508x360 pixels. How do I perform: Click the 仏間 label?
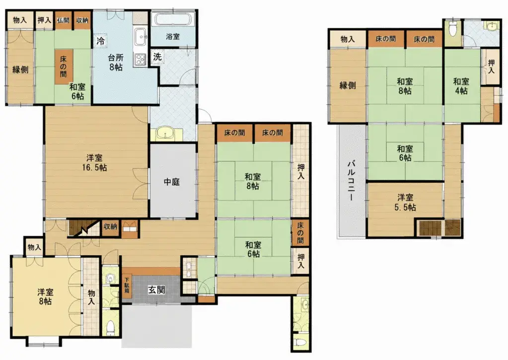click(x=63, y=20)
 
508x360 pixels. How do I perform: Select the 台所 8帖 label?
click(x=115, y=63)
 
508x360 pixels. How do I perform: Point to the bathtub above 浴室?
click(x=173, y=19)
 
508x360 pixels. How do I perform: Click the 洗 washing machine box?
click(x=157, y=57)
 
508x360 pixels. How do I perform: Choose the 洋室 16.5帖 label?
click(x=95, y=163)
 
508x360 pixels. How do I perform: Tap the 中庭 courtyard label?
click(x=172, y=182)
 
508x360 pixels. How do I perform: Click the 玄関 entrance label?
click(x=156, y=289)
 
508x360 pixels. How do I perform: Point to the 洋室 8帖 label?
click(x=45, y=296)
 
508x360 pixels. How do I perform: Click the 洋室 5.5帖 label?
click(x=405, y=202)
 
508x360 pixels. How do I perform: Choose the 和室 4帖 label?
click(x=461, y=86)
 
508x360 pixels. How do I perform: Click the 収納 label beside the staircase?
click(x=110, y=226)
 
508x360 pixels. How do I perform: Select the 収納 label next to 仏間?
click(x=82, y=20)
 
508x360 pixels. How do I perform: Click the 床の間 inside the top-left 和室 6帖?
click(x=63, y=67)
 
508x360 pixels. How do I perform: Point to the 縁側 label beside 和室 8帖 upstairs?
click(x=348, y=85)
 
